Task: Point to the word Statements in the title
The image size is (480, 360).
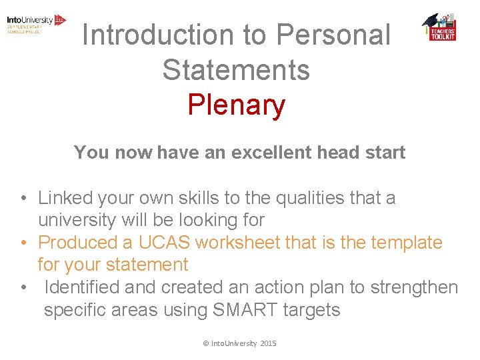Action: point(236,70)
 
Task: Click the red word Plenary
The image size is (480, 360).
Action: point(236,105)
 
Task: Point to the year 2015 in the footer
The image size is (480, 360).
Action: point(268,343)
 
